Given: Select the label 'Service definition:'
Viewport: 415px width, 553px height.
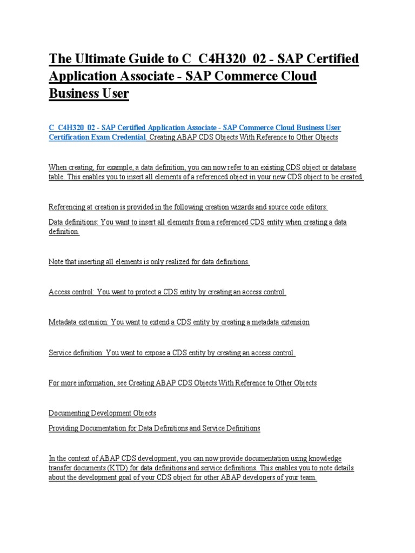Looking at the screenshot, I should [x=76, y=353].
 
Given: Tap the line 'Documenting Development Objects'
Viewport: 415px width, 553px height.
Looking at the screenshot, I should [x=102, y=413].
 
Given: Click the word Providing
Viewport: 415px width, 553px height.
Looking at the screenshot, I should [x=63, y=428].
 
